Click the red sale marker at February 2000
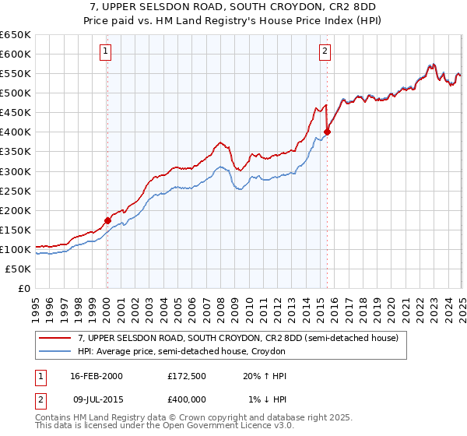107,220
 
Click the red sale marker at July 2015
327,132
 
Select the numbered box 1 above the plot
105,52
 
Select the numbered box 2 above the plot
325,52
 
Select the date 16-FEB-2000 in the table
96,376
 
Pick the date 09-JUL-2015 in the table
96,399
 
